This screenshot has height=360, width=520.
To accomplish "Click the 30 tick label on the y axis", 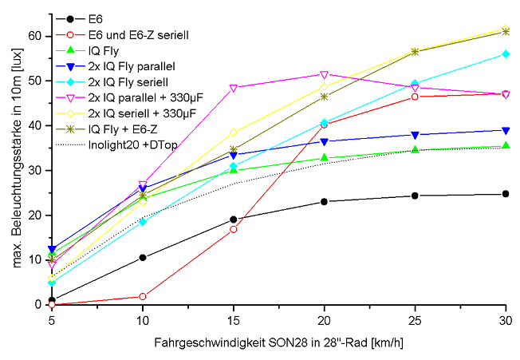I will [33, 170].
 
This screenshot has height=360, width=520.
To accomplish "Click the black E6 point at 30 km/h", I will [506, 194].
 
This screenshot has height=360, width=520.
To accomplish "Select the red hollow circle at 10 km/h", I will [142, 296].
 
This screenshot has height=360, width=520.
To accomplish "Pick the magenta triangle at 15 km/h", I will [233, 88].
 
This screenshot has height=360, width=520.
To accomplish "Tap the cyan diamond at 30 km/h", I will [506, 53].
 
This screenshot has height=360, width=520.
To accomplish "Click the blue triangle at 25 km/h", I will [415, 134].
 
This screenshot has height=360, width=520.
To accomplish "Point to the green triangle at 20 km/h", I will [324, 157].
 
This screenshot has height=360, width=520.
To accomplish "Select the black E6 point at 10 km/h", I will [142, 257].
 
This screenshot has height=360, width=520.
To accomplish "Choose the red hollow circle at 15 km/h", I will [233, 229].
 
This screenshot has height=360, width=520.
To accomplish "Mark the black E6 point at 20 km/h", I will [324, 201].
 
